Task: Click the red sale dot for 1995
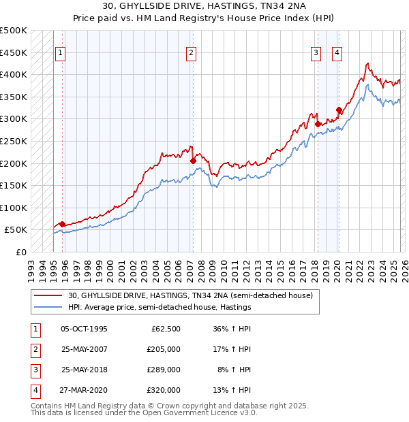tap(62, 224)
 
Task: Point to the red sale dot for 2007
tap(192, 161)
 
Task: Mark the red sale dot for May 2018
tap(318, 124)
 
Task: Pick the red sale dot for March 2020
tap(339, 110)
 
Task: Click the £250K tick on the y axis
tap(14, 141)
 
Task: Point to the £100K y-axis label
tap(14, 208)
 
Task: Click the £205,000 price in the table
tap(164, 349)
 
